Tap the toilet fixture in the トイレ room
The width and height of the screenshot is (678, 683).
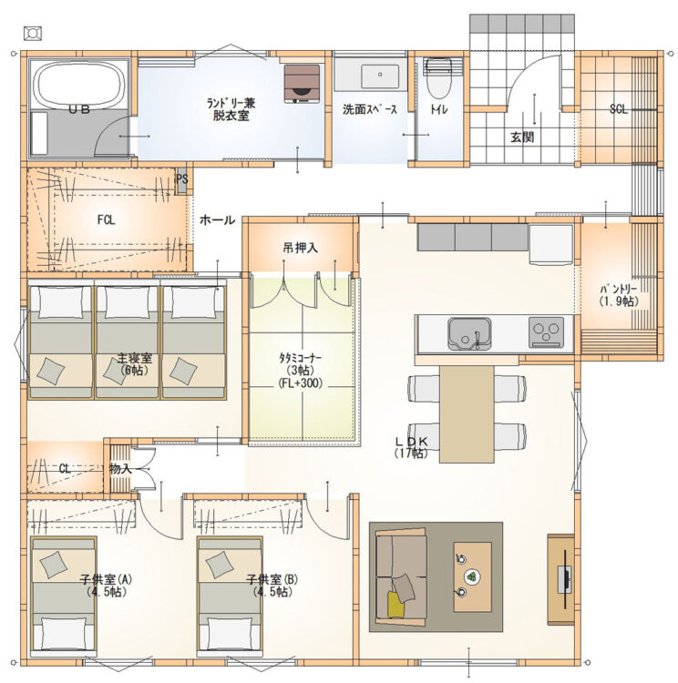click(438, 78)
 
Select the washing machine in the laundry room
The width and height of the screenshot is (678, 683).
click(302, 84)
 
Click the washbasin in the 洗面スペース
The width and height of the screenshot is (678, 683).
click(379, 76)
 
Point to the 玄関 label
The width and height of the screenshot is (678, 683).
click(522, 138)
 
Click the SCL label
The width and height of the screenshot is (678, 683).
click(618, 109)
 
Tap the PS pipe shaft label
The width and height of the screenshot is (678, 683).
click(182, 179)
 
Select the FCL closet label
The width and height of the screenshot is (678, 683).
click(106, 220)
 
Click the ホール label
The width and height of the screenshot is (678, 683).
click(217, 220)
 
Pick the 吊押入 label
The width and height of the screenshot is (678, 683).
click(301, 248)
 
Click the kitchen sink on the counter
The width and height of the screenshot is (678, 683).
click(469, 333)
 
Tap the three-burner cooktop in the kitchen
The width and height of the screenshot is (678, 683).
click(546, 331)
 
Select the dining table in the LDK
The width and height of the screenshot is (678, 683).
click(467, 413)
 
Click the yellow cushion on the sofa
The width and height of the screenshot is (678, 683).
click(396, 604)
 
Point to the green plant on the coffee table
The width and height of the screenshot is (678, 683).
click(472, 576)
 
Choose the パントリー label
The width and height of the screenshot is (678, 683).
click(619, 295)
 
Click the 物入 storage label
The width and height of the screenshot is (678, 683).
click(120, 469)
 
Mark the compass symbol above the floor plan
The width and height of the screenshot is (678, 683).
click(33, 33)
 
